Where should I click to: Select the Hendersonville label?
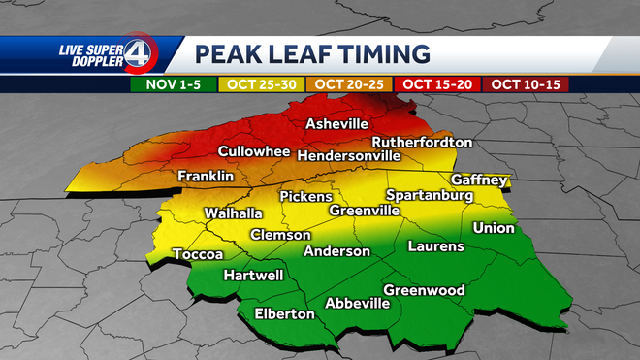[x=349, y=155]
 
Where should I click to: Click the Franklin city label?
[x=206, y=177]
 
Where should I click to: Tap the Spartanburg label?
[x=430, y=196]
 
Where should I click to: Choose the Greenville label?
[x=365, y=211]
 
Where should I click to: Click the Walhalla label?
[x=234, y=213]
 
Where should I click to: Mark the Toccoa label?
[x=198, y=254]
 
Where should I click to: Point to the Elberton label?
[x=284, y=313]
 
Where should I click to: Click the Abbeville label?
[x=357, y=303]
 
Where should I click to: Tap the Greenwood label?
[x=425, y=290]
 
